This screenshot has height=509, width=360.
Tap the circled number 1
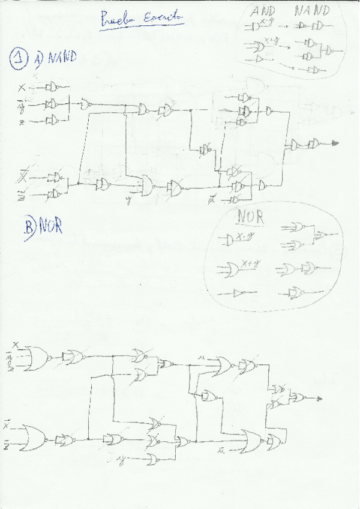click(x=17, y=58)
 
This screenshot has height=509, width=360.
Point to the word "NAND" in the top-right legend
click(x=311, y=11)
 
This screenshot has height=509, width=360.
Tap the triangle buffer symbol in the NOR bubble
click(x=239, y=293)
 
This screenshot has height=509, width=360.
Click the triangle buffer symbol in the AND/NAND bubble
click(x=258, y=59)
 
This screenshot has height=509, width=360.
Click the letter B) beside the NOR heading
click(x=31, y=227)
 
